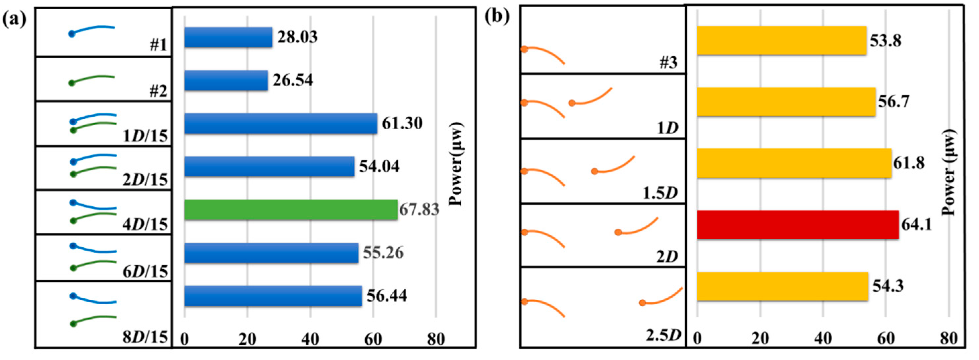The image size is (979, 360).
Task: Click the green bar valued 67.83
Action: coord(291,210)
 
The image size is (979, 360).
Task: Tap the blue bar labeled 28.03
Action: coord(228,37)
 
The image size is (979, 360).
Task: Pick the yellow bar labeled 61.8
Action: coord(794,163)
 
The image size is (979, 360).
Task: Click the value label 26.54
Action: coord(293,80)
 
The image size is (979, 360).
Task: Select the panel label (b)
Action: coord(497,17)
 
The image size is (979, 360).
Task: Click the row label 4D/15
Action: coord(145,224)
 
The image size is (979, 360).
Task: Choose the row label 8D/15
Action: coord(145,337)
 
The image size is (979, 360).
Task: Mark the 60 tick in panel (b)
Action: coord(886,338)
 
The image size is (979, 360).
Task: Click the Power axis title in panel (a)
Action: coord(456,164)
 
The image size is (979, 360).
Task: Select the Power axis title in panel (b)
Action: coord(949,172)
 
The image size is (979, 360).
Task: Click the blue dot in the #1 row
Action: coord(72,34)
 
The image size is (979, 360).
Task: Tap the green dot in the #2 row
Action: coord(72,83)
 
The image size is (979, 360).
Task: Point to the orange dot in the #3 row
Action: coord(524,49)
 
